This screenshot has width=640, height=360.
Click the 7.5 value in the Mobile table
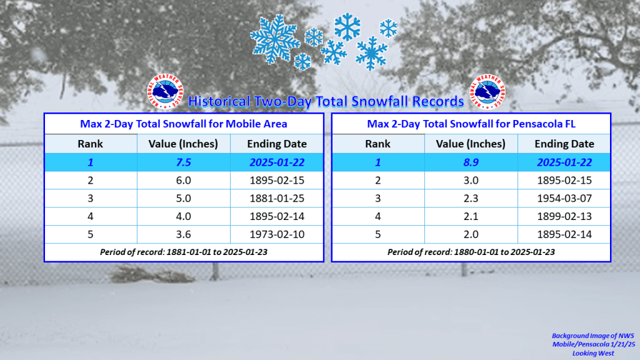click(x=183, y=162)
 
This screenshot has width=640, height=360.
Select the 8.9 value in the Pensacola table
click(x=471, y=162)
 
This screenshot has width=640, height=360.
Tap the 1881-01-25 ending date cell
click(x=277, y=198)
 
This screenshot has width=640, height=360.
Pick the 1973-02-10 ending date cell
click(x=277, y=234)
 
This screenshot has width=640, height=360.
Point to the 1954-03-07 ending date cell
click(x=564, y=198)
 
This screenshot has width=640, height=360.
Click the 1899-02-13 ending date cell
click(x=564, y=216)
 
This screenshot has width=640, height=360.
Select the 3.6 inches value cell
click(x=183, y=234)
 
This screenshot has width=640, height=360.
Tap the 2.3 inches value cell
click(x=471, y=198)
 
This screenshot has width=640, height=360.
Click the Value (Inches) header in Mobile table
click(x=183, y=144)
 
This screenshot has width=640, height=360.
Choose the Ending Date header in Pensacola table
click(x=564, y=144)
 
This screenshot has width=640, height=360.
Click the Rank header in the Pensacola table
click(x=377, y=144)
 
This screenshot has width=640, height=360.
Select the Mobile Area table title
click(x=184, y=124)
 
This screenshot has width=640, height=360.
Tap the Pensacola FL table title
click(x=471, y=124)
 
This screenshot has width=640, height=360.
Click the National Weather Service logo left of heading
click(x=165, y=91)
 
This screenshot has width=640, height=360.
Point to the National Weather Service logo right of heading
click(x=487, y=91)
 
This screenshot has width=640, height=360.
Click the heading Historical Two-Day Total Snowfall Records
click(x=326, y=101)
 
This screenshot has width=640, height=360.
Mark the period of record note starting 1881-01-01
click(x=184, y=252)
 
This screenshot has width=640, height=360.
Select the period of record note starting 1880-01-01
click(x=471, y=252)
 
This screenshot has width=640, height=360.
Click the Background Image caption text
click(x=594, y=344)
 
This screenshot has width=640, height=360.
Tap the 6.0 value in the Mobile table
click(x=183, y=181)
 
